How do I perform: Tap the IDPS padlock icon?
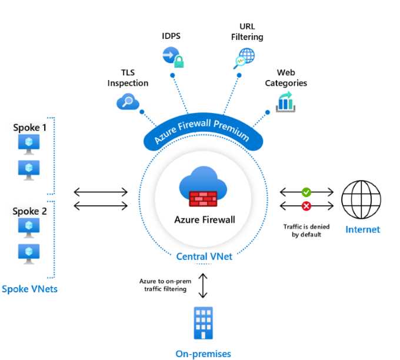tap(172, 56)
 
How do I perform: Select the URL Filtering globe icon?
tap(244, 58)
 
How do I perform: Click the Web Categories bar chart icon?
tap(285, 102)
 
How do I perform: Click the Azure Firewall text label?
tap(204, 220)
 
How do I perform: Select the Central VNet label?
tap(204, 256)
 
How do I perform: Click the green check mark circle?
tap(306, 192)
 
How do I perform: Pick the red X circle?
tap(306, 205)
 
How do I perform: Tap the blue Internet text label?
tap(362, 229)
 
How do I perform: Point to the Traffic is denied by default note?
tap(306, 229)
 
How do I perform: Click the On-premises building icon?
tap(203, 322)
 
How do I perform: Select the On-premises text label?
tap(203, 354)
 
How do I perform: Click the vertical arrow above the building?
tap(203, 285)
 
